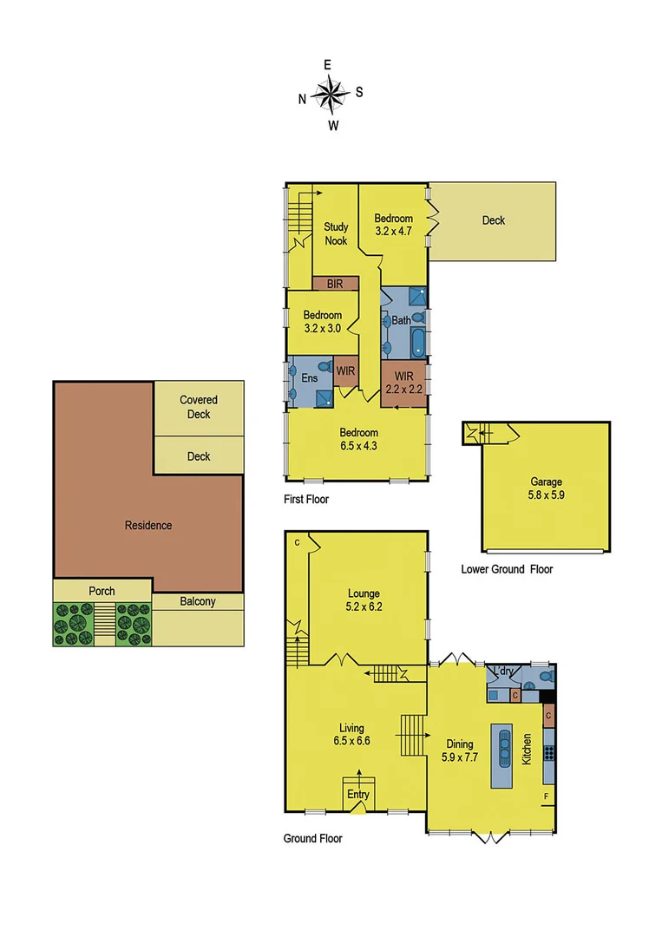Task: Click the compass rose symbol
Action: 331,94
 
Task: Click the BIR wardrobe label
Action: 335,284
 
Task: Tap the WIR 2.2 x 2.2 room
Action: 403,383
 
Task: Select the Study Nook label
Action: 336,233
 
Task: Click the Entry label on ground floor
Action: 357,794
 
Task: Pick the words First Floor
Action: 306,500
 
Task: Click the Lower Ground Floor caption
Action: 507,569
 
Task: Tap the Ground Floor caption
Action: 312,838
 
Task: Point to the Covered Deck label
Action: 199,407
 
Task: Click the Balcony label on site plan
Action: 198,601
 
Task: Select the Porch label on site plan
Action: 102,592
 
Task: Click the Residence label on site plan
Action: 148,525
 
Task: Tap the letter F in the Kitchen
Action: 546,796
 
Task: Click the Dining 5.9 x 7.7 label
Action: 460,750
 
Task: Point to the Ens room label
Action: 310,378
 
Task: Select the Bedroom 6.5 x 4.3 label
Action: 358,439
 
